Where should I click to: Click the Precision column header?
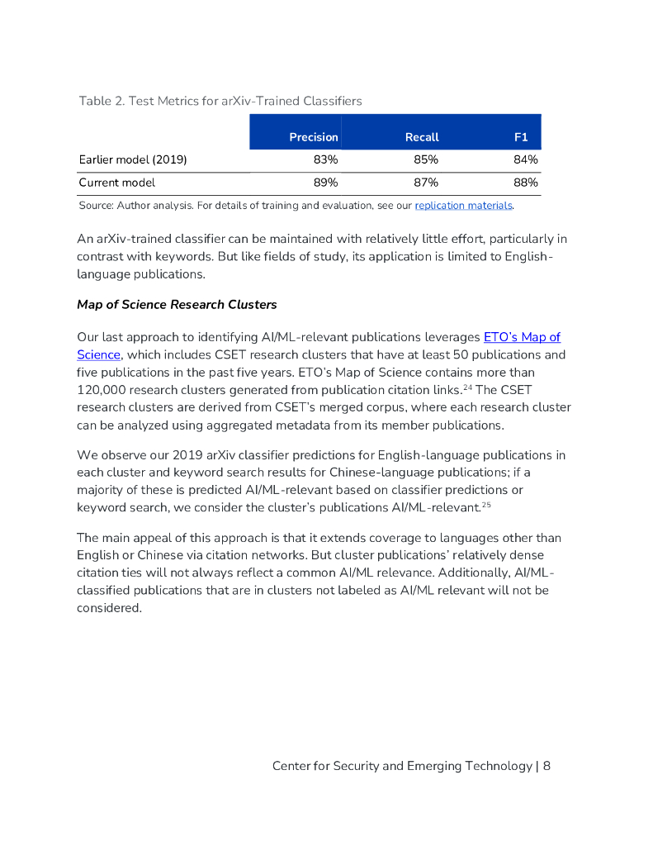pyautogui.click(x=313, y=137)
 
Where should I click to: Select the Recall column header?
pyautogui.click(x=422, y=137)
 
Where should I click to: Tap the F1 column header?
pyautogui.click(x=520, y=137)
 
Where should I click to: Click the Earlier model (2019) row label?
pyautogui.click(x=132, y=159)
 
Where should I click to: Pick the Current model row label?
pyautogui.click(x=116, y=183)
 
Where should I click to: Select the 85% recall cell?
pyautogui.click(x=425, y=159)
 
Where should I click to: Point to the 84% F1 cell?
pyautogui.click(x=526, y=159)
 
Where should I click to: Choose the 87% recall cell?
pyautogui.click(x=425, y=183)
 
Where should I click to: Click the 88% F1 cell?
pyautogui.click(x=526, y=183)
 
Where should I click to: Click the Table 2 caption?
pyautogui.click(x=220, y=101)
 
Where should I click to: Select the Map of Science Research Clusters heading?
pyautogui.click(x=177, y=305)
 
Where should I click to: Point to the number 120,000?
pyautogui.click(x=105, y=390)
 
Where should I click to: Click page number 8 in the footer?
pyautogui.click(x=547, y=766)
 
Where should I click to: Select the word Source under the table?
pyautogui.click(x=95, y=206)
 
